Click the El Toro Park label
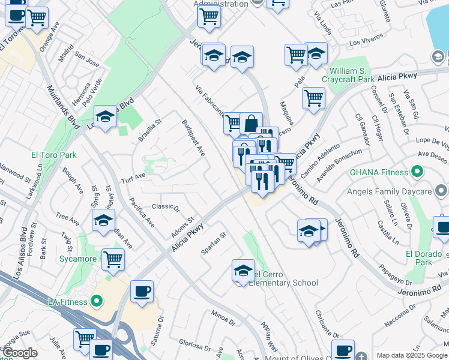pos(54,155)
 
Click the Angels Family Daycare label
pos(390,192)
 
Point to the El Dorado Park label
pos(419,258)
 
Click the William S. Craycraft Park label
pos(357,75)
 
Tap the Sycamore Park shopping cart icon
pos(113,259)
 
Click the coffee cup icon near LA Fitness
pos(142,291)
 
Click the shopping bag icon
pos(251,124)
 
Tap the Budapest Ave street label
pos(193,139)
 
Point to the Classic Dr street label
pos(166,207)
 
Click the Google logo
pos(20,353)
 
